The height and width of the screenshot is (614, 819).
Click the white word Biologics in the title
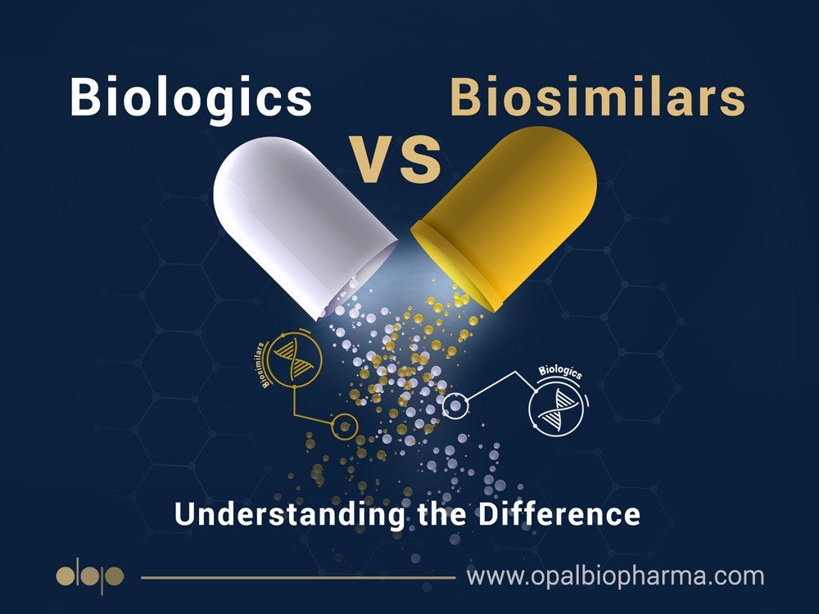point(191,97)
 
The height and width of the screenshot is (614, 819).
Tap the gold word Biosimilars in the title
point(597,97)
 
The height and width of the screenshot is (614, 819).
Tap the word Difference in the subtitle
point(559,514)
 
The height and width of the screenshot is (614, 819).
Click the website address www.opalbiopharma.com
point(615,576)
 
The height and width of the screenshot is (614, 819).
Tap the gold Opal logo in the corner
point(90,576)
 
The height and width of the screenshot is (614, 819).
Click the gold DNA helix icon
point(293,358)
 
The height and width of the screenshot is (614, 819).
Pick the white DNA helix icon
point(557,410)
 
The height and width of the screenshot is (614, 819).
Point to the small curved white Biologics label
point(560,371)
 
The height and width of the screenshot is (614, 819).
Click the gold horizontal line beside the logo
point(298,577)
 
